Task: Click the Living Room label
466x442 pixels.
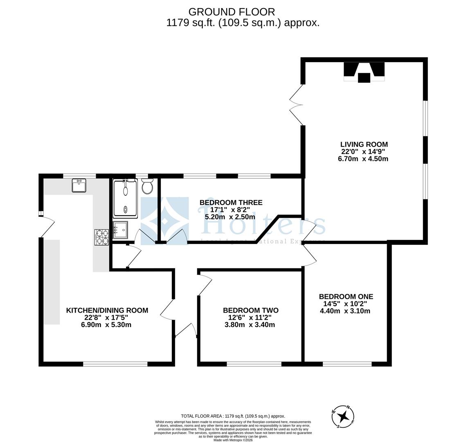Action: [364, 144]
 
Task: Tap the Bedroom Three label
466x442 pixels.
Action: [231, 203]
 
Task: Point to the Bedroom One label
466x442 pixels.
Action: [346, 297]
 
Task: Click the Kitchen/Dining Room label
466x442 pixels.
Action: [107, 311]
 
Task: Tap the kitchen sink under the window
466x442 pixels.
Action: [79, 185]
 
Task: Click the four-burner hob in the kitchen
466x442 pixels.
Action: [102, 237]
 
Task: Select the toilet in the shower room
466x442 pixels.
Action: [147, 187]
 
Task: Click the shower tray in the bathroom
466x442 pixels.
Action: [126, 198]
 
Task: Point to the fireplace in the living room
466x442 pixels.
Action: [364, 72]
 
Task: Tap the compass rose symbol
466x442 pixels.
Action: [343, 417]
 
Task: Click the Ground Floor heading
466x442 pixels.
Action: [232, 12]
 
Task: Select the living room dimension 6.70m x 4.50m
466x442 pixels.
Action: [363, 159]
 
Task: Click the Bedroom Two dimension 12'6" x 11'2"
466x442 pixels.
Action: [247, 318]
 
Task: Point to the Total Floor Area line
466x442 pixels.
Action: [233, 416]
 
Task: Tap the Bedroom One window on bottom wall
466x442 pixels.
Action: [347, 363]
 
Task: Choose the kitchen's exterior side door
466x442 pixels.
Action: [46, 227]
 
